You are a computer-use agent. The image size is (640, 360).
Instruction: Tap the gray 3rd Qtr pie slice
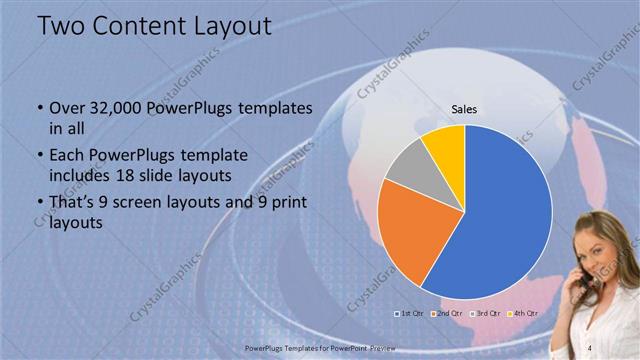[405, 167]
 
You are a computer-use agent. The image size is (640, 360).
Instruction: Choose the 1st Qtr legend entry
[409, 314]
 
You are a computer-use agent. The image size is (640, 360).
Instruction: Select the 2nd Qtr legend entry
[446, 314]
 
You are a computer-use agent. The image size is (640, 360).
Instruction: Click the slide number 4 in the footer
[589, 342]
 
